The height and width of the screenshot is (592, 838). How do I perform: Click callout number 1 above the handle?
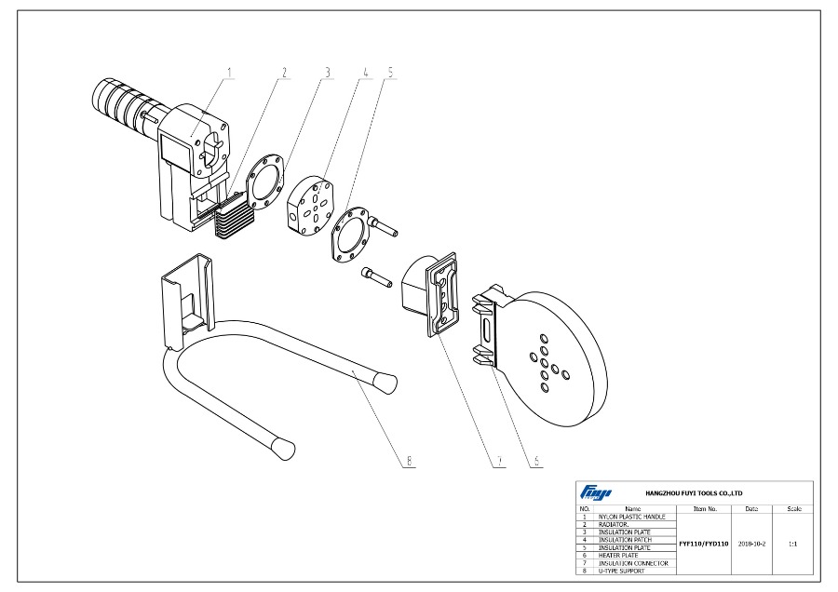(x=230, y=72)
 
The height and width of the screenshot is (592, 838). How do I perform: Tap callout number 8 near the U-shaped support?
(x=410, y=459)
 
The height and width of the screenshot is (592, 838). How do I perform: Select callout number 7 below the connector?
(x=499, y=459)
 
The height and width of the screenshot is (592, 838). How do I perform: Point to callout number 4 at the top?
(x=365, y=72)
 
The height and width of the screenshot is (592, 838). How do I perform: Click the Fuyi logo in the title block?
(x=591, y=492)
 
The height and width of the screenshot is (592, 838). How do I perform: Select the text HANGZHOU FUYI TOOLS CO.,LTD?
(x=694, y=492)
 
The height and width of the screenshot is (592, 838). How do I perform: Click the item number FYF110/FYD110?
(x=704, y=542)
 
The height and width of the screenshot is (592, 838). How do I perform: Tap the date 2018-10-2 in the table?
(x=751, y=542)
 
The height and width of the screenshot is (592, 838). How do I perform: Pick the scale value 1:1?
(x=792, y=542)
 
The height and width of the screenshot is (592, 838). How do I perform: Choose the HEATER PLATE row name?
(x=618, y=555)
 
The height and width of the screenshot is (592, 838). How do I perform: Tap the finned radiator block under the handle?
(x=232, y=217)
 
